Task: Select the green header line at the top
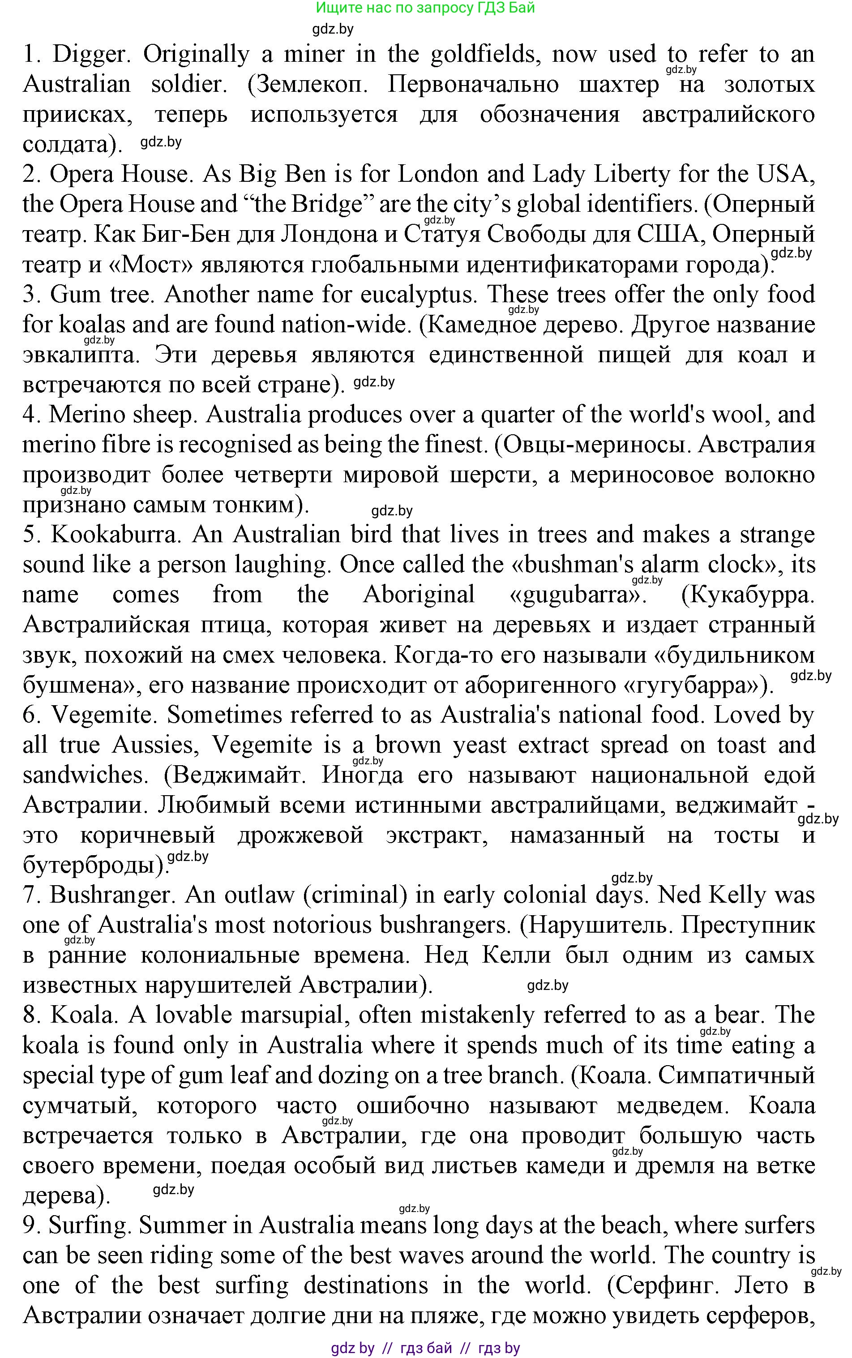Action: click(x=425, y=8)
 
